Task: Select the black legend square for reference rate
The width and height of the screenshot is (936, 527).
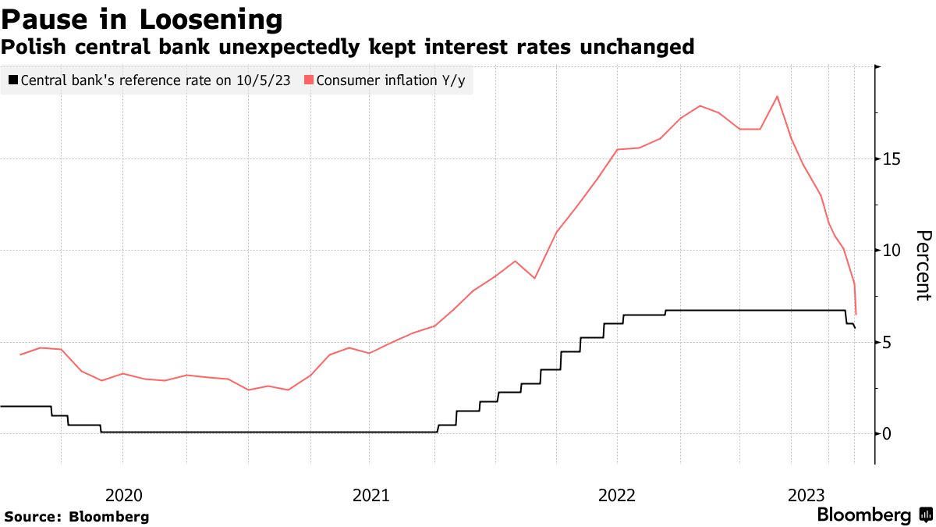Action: coord(13,80)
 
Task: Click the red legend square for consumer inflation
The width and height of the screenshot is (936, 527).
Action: coord(309,80)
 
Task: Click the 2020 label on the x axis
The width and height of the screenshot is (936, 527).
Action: coord(123,494)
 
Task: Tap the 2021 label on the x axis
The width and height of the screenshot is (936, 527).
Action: coord(370,494)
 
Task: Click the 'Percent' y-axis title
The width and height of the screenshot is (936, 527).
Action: coord(924,265)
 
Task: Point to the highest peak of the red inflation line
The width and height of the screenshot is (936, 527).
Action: coord(777,97)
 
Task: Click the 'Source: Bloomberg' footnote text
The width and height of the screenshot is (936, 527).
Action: coord(76,517)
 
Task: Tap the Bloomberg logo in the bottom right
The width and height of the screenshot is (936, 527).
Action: coord(863,515)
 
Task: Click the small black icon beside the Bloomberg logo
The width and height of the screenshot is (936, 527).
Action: coord(926,515)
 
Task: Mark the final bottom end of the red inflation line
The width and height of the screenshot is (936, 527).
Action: coord(856,314)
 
